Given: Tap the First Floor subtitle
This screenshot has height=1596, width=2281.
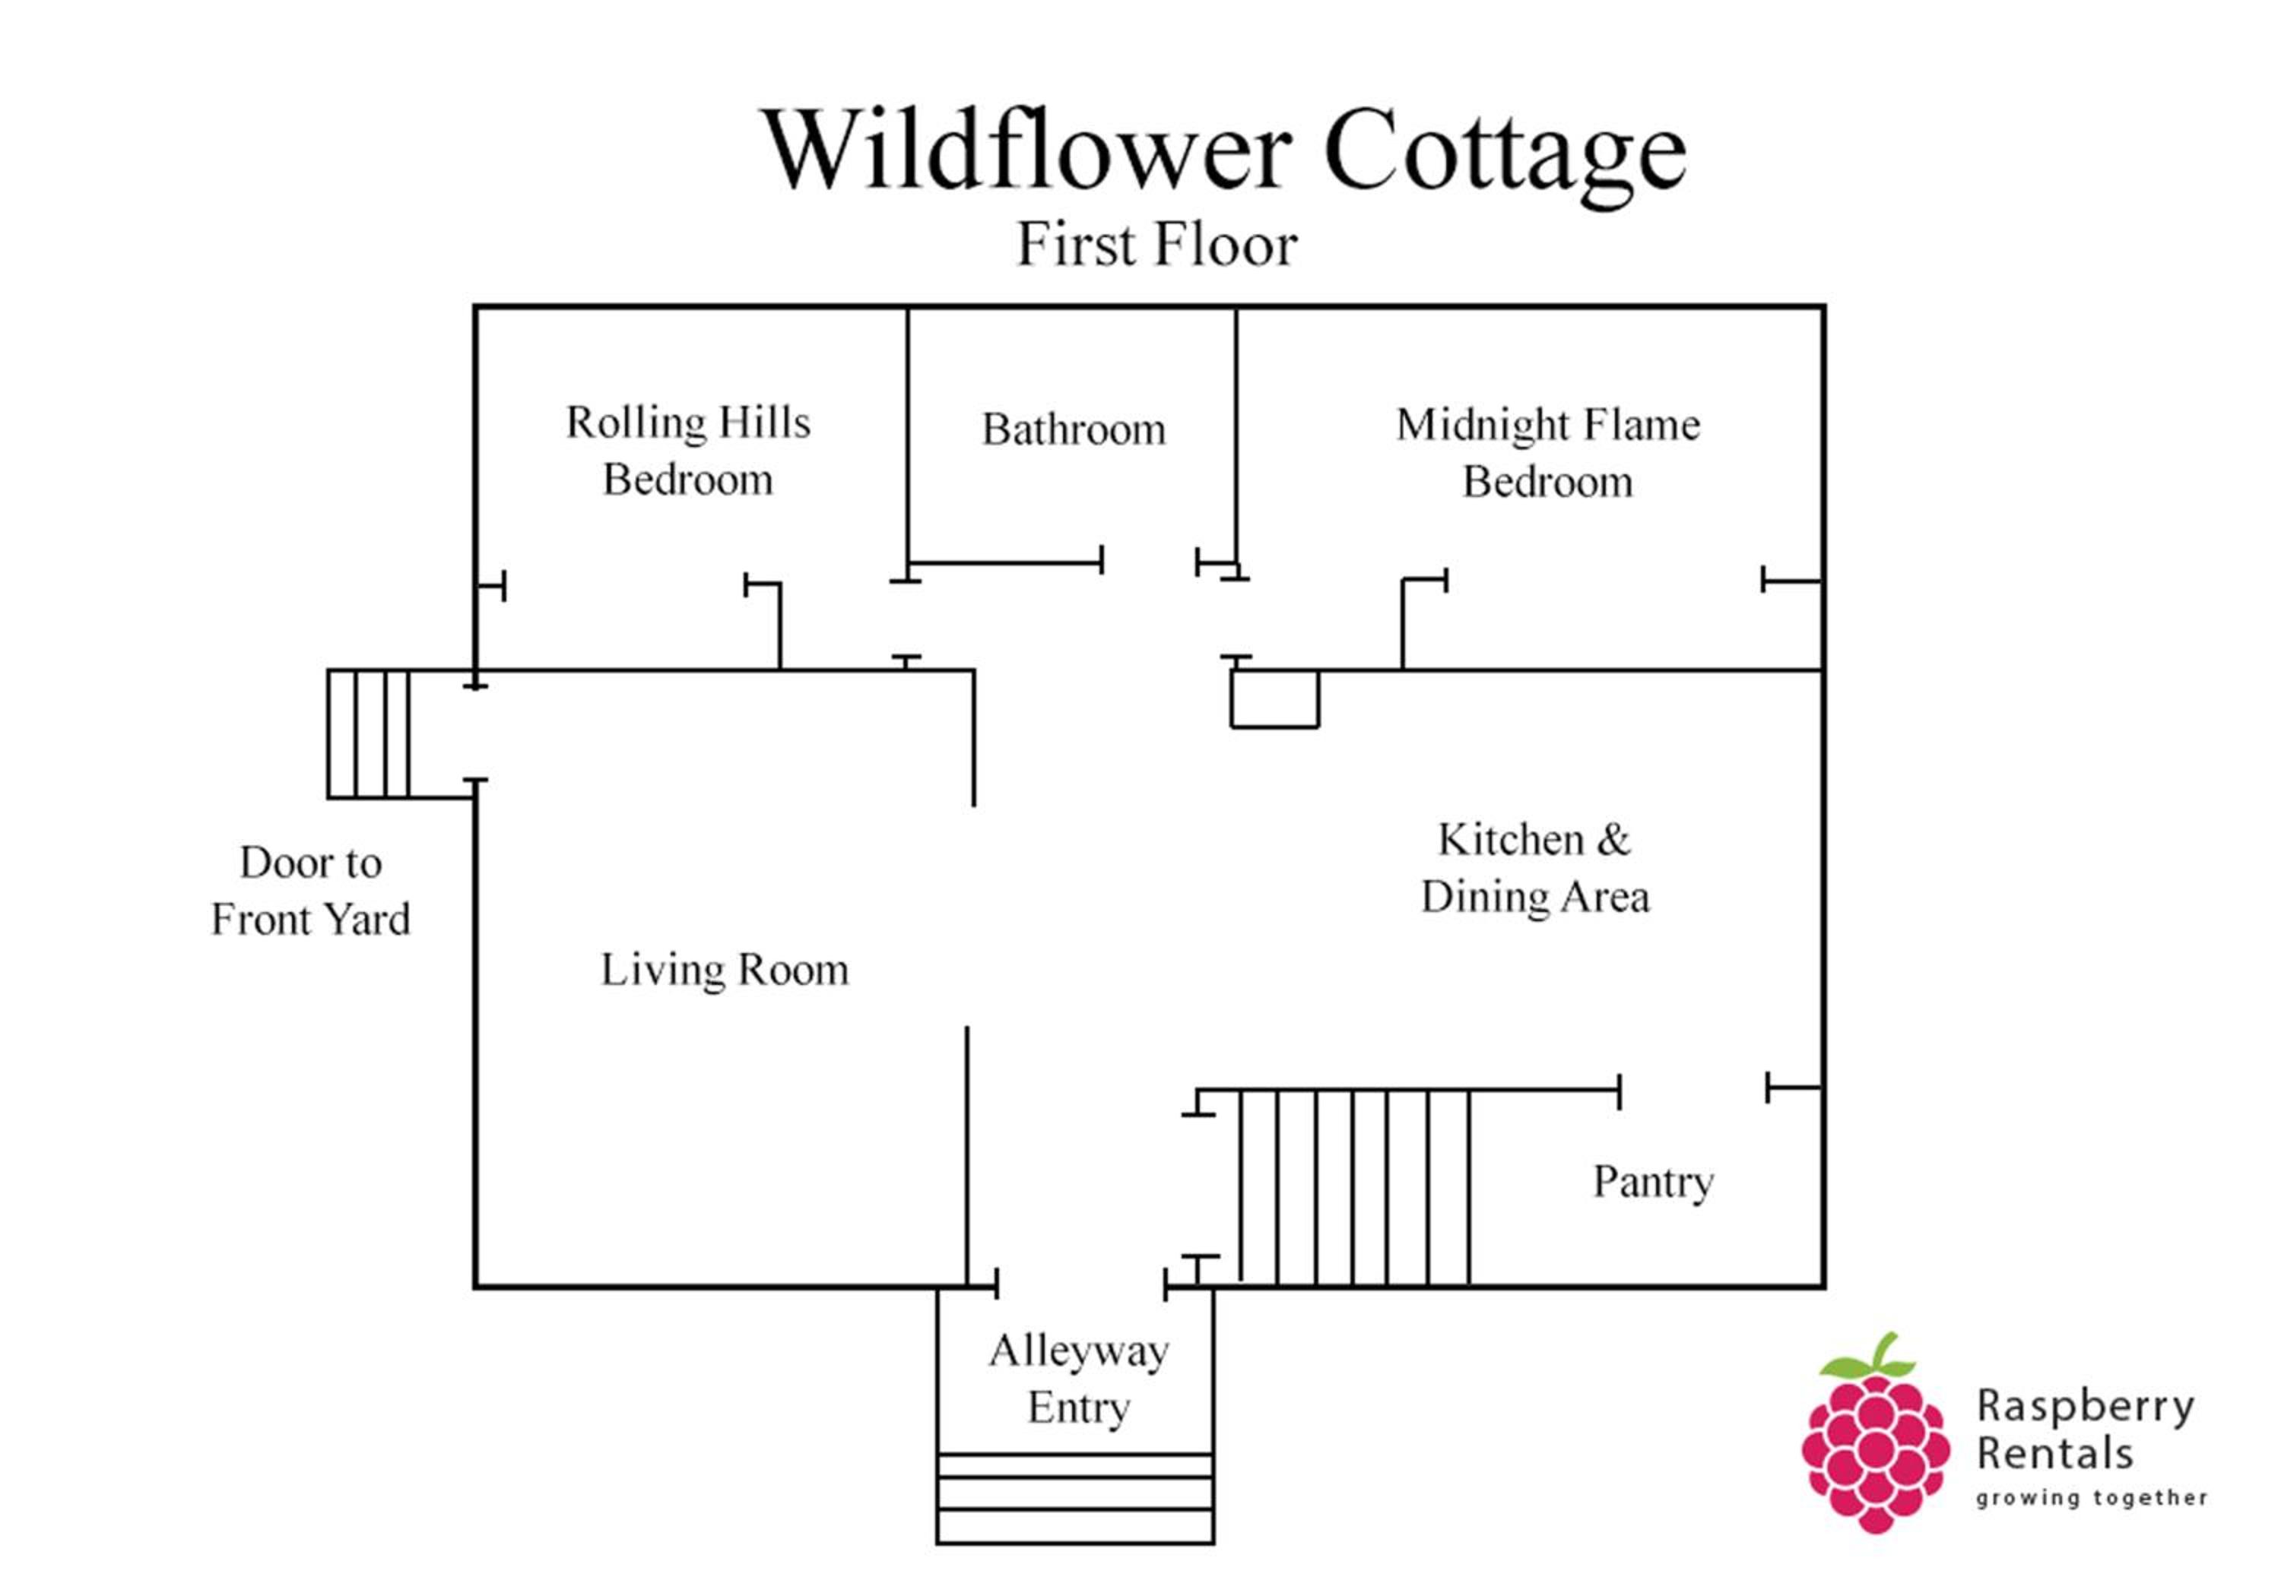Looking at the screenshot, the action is coord(1157,244).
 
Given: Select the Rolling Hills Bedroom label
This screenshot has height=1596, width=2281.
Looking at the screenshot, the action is coord(688,451).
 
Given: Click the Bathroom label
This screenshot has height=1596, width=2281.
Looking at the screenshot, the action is coord(1074,430).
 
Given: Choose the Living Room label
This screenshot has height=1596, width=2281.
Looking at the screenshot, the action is coord(725,969).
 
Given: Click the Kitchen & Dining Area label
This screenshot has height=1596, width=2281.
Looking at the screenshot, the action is coord(1535,868).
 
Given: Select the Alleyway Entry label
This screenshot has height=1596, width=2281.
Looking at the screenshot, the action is coord(1079,1379).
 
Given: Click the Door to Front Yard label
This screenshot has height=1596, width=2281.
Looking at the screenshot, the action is coord(311,891).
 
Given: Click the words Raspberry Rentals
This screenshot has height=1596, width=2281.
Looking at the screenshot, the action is coord(2084,1431).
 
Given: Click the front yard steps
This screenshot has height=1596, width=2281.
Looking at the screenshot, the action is coord(369,734).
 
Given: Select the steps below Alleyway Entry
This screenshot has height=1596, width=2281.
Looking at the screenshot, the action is coord(1075,1499).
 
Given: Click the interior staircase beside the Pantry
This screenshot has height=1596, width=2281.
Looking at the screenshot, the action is coord(1354,1188).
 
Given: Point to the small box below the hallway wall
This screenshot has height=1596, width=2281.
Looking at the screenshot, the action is coord(1274,699).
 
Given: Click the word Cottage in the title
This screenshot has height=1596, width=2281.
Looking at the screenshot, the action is coord(1505,154).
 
